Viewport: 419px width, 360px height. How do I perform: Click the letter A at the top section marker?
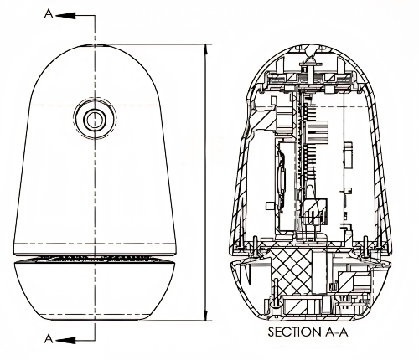49,14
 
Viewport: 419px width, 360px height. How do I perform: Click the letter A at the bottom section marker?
49,339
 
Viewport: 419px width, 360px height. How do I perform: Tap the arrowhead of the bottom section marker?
67,340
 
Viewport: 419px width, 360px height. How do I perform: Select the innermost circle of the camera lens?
95,120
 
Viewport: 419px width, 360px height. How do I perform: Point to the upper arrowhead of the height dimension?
206,53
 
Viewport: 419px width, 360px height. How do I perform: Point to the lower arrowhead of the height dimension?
206,312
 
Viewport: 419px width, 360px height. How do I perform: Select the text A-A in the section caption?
337,332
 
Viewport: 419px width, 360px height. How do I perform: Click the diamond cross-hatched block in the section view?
291,270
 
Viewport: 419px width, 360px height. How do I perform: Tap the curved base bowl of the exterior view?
95,291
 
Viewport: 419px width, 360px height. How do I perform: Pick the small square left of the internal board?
270,206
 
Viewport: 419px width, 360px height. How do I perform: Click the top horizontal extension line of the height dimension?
153,44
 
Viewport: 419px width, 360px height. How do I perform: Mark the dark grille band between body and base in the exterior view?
95,258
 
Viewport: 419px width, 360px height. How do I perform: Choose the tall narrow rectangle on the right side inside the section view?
348,157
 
